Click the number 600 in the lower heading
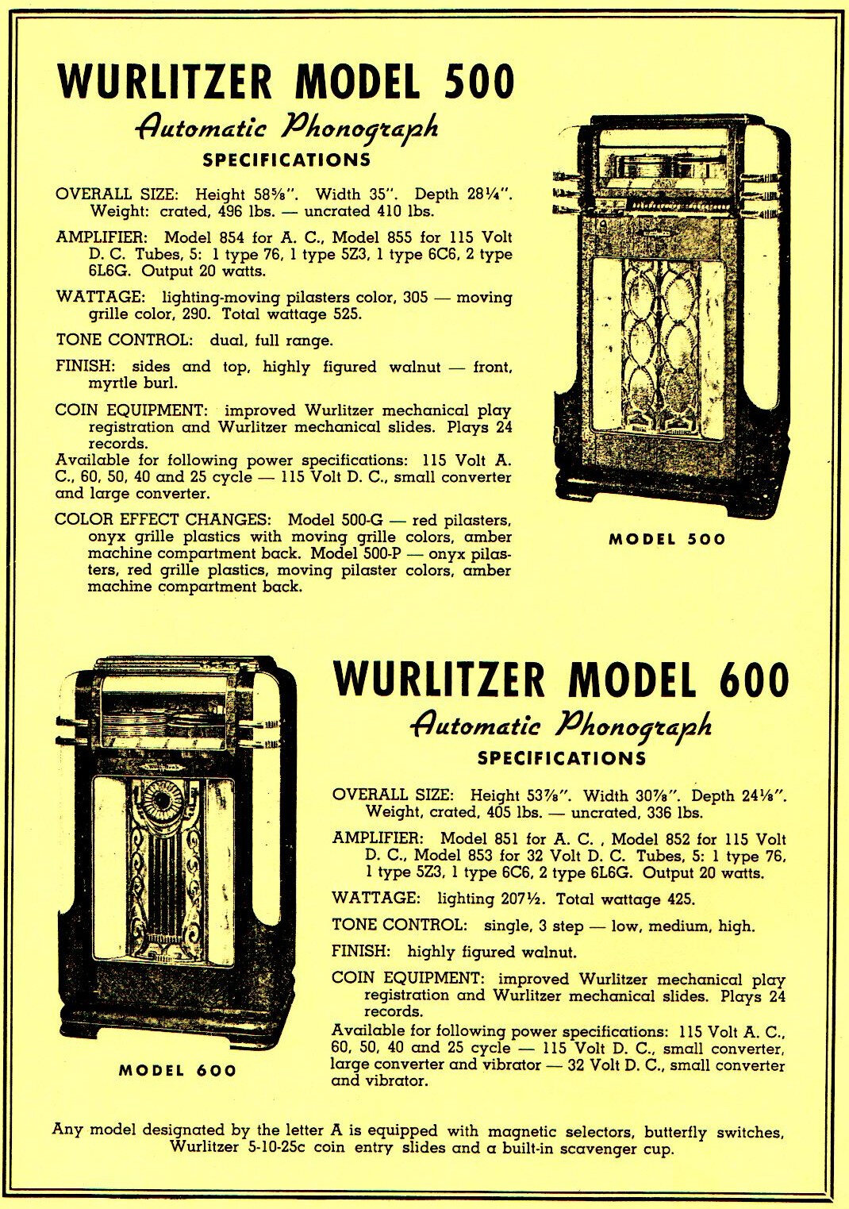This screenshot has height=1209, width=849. click(745, 680)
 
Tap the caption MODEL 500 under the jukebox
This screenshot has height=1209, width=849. click(667, 540)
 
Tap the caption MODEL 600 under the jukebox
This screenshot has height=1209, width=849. click(178, 1070)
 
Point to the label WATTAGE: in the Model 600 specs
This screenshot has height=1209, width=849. click(376, 898)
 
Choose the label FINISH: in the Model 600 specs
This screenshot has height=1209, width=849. click(361, 951)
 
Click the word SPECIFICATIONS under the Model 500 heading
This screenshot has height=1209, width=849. click(286, 160)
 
